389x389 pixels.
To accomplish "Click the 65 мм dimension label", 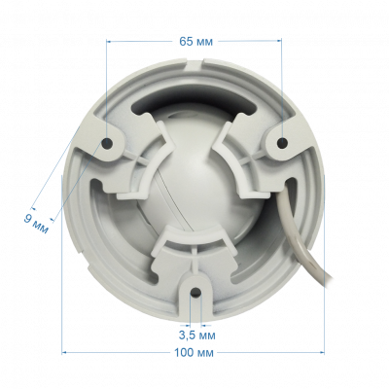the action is (x=196, y=42).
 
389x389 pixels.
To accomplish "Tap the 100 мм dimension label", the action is (x=194, y=352).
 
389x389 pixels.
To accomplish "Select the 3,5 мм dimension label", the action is (x=196, y=335).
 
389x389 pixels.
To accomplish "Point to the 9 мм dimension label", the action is (x=36, y=224).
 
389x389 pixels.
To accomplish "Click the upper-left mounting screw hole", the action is (x=107, y=142).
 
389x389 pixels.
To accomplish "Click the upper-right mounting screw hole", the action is (x=282, y=142).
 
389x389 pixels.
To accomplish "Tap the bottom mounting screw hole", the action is (x=195, y=292).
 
